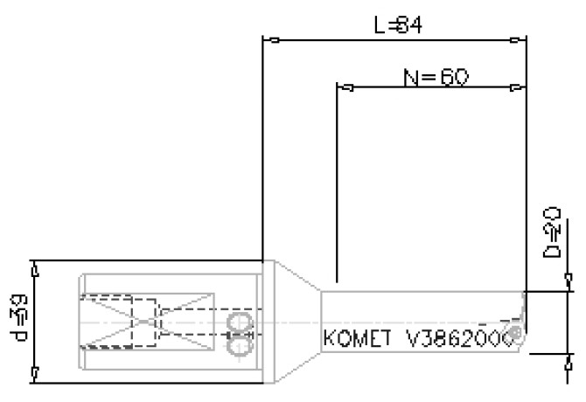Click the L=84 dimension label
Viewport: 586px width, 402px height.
(x=398, y=25)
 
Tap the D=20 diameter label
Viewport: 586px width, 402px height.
(x=551, y=232)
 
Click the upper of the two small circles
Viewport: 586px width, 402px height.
(x=238, y=324)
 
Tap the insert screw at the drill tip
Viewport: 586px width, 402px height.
(x=519, y=334)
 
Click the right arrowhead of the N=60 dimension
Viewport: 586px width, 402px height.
(x=516, y=87)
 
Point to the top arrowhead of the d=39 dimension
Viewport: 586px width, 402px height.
(x=34, y=270)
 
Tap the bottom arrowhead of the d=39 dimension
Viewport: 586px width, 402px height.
(x=34, y=372)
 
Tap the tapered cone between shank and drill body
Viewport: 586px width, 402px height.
(x=297, y=321)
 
